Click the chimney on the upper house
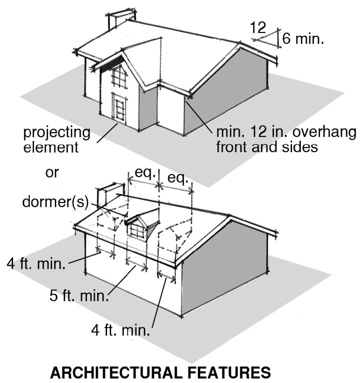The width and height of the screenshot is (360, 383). tap(119, 19)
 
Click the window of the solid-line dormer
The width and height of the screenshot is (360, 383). tap(137, 231)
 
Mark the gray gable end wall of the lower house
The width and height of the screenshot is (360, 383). tap(223, 270)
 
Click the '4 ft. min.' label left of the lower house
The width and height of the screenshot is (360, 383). tap(36, 263)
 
